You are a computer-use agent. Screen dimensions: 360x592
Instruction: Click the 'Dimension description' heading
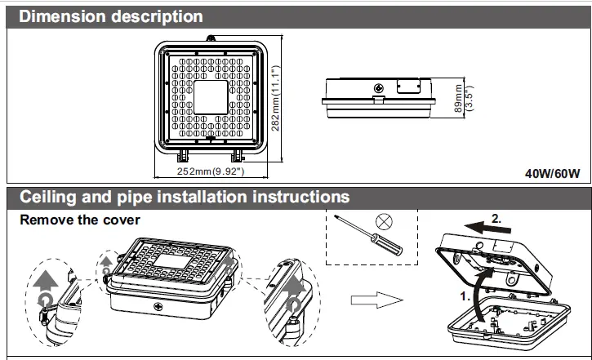click(111, 16)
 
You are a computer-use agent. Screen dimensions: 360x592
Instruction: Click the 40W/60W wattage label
click(551, 173)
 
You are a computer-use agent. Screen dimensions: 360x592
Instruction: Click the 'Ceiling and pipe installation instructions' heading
click(185, 198)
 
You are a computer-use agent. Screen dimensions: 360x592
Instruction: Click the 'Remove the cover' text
click(80, 220)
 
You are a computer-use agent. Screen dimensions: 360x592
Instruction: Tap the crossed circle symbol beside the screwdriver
click(382, 221)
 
